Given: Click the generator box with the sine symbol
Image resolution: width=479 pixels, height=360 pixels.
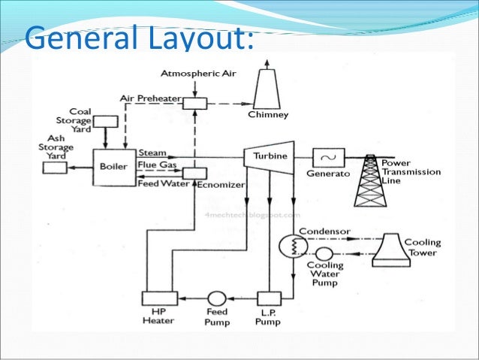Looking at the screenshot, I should pyautogui.click(x=328, y=158).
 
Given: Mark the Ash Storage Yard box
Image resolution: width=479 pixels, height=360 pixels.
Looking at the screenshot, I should pyautogui.click(x=54, y=167).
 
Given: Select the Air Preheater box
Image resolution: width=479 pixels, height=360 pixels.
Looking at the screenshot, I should pyautogui.click(x=197, y=103).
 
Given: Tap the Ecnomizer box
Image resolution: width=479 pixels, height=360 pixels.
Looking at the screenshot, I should pyautogui.click(x=194, y=173).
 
